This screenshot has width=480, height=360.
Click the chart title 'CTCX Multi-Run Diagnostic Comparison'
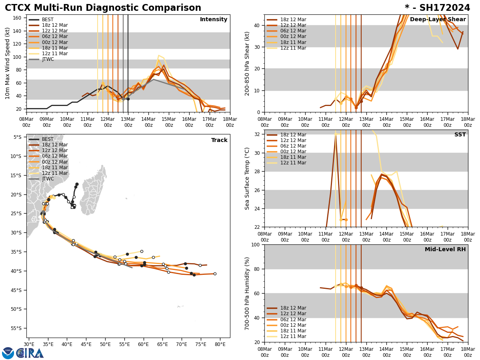(103, 8)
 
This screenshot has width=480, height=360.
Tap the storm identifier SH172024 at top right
(437, 8)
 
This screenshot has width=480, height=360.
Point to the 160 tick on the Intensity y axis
(18, 18)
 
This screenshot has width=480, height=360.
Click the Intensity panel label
(214, 20)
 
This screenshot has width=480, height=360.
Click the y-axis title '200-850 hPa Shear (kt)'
(247, 63)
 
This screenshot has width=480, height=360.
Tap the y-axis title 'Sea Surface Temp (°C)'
(247, 178)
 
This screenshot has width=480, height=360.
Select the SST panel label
(460, 135)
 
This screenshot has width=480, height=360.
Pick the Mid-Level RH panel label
(445, 250)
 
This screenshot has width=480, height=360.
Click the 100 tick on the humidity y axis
(256, 244)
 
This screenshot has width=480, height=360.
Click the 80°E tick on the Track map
(220, 344)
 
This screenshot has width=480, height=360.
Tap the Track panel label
(219, 140)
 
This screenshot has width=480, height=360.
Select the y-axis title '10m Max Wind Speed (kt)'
(8, 63)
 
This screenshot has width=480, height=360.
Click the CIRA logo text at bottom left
(30, 353)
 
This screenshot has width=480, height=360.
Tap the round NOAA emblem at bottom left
(8, 353)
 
